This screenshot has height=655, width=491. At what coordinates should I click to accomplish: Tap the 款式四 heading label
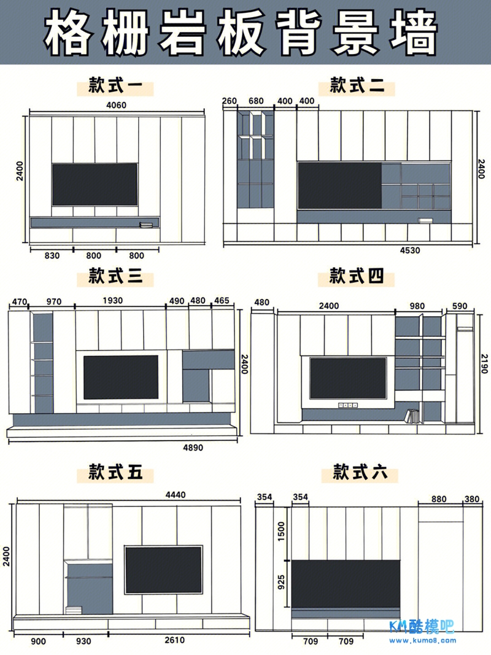point(357,276)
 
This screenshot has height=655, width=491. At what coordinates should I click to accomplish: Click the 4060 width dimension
point(116,105)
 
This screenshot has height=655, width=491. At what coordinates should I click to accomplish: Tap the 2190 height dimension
point(484,363)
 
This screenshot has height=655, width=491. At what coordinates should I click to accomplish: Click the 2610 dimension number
point(174,640)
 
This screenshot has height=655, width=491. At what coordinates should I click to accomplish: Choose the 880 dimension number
point(439,499)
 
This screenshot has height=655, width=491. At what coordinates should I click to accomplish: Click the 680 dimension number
point(257,101)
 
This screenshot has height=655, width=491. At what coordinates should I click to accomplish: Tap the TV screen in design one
point(95,184)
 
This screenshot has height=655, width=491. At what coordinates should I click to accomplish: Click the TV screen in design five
point(164,569)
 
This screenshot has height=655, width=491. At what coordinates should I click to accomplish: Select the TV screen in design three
point(121,377)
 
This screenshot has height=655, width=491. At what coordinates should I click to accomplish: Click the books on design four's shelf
point(411,417)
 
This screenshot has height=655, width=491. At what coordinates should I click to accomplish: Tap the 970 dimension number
point(54,301)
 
